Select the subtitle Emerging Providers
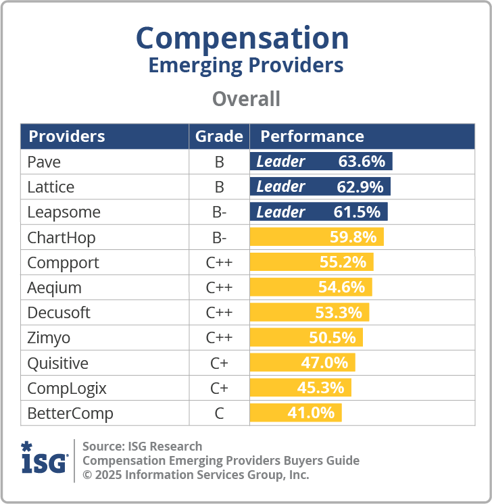tap(245, 66)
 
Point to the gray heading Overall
tap(246, 99)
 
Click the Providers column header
tap(66, 136)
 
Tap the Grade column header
tap(219, 136)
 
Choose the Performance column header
tap(312, 136)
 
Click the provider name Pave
tap(45, 161)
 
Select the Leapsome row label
tap(64, 211)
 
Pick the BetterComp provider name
tap(70, 413)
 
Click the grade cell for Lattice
tap(219, 186)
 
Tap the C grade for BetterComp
tap(219, 413)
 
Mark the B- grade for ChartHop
tap(219, 237)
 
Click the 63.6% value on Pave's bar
tap(362, 161)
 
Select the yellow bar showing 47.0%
tap(302, 363)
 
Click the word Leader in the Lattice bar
tap(280, 186)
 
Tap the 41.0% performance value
tap(311, 413)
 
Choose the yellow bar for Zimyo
tap(306, 337)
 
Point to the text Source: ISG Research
tap(142, 446)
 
